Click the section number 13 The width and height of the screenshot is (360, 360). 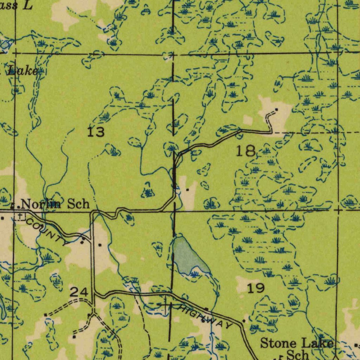[x=96, y=132]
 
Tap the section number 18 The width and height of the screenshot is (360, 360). [x=245, y=151]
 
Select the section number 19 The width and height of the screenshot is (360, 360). [x=256, y=288]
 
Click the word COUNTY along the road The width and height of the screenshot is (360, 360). [x=46, y=231]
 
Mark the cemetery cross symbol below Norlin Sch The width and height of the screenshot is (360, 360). [x=20, y=216]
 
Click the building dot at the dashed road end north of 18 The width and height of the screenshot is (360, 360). [x=277, y=110]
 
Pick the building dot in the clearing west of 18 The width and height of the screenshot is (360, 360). [x=187, y=190]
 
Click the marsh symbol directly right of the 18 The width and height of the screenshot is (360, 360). [x=266, y=151]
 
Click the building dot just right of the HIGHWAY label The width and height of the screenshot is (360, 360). [x=244, y=321]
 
